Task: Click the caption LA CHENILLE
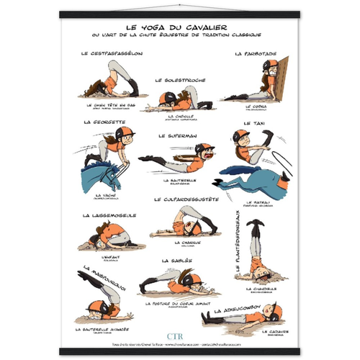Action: pos(176,116)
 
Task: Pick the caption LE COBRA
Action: pos(258,107)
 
